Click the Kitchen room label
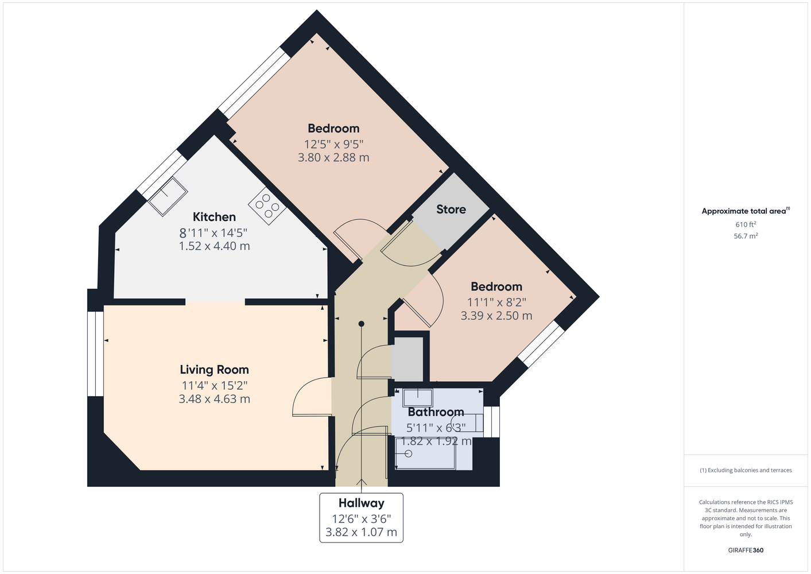(x=214, y=217)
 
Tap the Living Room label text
(x=214, y=370)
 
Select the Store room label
(x=451, y=210)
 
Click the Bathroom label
(x=436, y=412)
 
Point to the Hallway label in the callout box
(x=362, y=503)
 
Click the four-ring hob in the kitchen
(x=267, y=205)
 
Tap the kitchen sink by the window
(x=168, y=196)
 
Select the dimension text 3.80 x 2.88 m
(x=333, y=157)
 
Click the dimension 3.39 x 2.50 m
(x=496, y=316)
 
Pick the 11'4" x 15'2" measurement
(x=214, y=386)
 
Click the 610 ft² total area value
(x=746, y=224)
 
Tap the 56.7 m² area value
(x=746, y=236)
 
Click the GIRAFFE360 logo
(x=746, y=550)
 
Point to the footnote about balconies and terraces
(x=746, y=470)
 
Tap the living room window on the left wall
(x=96, y=354)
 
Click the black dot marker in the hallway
(x=362, y=324)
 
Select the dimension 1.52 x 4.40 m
(x=214, y=246)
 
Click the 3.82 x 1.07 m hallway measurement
(x=362, y=532)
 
